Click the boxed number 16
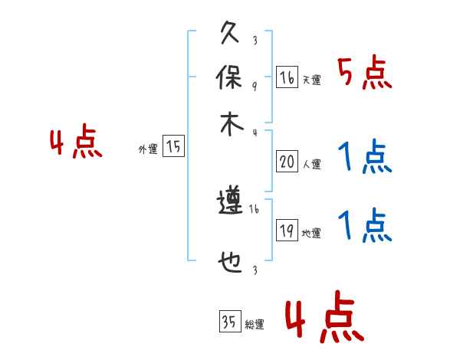pos(287,77)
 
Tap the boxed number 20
pos(287,161)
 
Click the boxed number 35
pos(228,322)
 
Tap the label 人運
pos(311,164)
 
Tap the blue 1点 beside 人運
pos(364,158)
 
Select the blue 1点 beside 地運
pos(364,225)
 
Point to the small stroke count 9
pos(254,87)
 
